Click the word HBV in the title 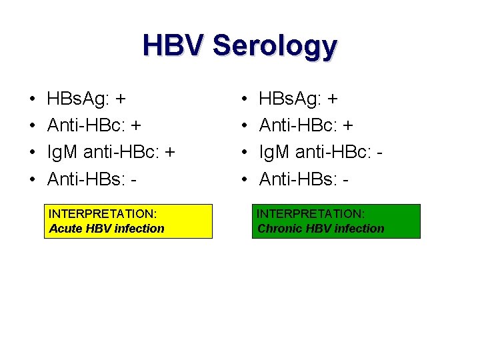pyautogui.click(x=174, y=46)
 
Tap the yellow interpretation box pyautogui.click(x=128, y=221)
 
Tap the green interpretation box pyautogui.click(x=336, y=221)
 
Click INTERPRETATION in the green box pyautogui.click(x=311, y=214)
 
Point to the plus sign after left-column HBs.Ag pyautogui.click(x=120, y=100)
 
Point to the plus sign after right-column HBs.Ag pyautogui.click(x=332, y=100)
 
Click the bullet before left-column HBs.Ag pyautogui.click(x=33, y=100)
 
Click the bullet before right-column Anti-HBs pyautogui.click(x=245, y=179)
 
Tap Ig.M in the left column pyautogui.click(x=63, y=153)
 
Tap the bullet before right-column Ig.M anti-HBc pyautogui.click(x=245, y=153)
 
